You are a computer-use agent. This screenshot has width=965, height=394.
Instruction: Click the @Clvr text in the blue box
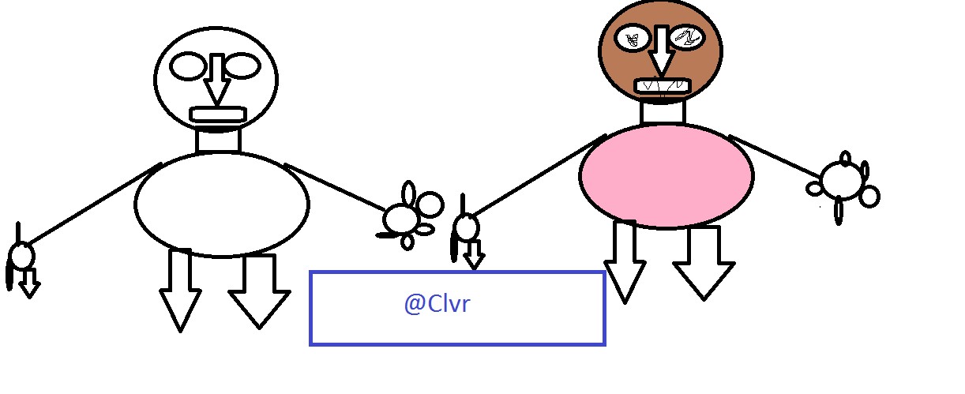click(437, 304)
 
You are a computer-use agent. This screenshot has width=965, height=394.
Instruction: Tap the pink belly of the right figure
click(666, 176)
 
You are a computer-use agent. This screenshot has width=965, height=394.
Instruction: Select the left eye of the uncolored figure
click(188, 66)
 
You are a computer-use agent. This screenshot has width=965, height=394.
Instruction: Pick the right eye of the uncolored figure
click(242, 66)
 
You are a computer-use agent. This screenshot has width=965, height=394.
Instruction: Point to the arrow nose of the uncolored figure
click(216, 79)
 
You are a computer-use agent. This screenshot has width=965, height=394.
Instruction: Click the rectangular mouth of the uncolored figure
click(218, 114)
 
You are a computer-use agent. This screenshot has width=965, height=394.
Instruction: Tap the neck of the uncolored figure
click(218, 141)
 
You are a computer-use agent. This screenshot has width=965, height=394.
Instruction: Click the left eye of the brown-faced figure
click(632, 39)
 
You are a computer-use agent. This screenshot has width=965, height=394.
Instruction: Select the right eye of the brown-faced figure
click(688, 38)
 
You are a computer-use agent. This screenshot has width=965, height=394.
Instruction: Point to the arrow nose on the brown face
click(661, 51)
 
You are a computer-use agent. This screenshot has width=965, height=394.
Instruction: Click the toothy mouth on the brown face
click(663, 86)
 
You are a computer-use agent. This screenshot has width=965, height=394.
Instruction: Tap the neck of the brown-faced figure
click(663, 112)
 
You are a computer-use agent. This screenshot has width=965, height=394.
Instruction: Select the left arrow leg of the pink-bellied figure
click(625, 262)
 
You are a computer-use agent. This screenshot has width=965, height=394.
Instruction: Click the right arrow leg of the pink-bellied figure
click(704, 263)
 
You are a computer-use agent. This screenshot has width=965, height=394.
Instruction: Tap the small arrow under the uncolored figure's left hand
click(29, 283)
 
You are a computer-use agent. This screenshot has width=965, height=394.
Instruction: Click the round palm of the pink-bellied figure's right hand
click(842, 181)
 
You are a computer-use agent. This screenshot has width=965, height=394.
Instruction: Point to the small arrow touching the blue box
click(474, 255)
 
